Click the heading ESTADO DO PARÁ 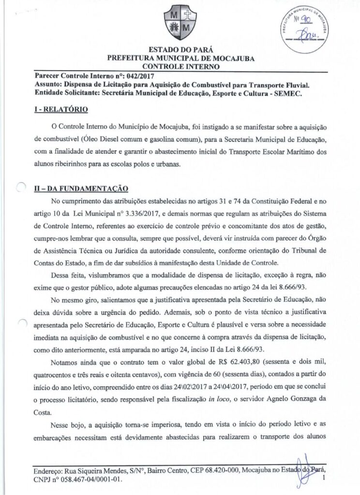(x=180, y=50)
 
